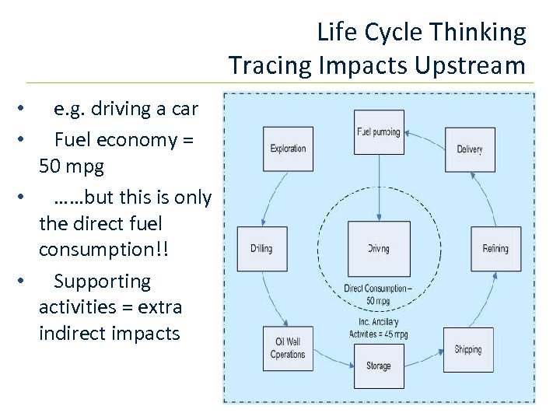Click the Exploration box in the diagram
pyautogui.click(x=288, y=149)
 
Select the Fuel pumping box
pyautogui.click(x=378, y=132)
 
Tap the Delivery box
pyautogui.click(x=470, y=149)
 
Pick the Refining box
pyautogui.click(x=495, y=249)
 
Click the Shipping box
pyautogui.click(x=468, y=350)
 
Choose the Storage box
pyautogui.click(x=378, y=366)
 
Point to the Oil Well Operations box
pyautogui.click(x=288, y=348)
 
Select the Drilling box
pyautogui.click(x=262, y=249)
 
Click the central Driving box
pyautogui.click(x=378, y=249)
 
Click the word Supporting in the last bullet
pyautogui.click(x=102, y=281)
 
